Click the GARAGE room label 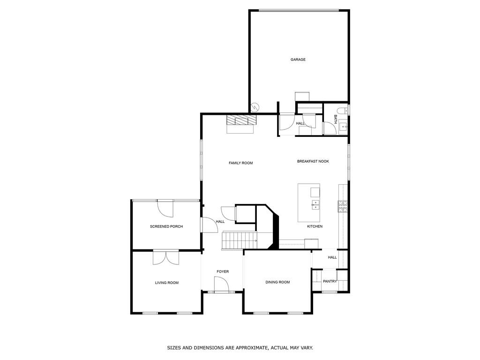pos(298,60)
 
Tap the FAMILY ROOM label pos(240,163)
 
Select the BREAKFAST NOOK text pos(313,161)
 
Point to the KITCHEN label pos(315,226)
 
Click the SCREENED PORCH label pos(166,226)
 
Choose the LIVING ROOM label pos(166,283)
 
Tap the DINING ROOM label pos(277,282)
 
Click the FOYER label pos(222,271)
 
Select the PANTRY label pos(330,281)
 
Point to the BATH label pos(335,119)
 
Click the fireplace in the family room pos(242,123)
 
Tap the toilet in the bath pos(344,111)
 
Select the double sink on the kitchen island pos(315,204)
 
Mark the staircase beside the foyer pos(239,240)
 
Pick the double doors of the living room pos(166,257)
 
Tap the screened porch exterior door pos(165,208)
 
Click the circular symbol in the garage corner pos(255,107)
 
